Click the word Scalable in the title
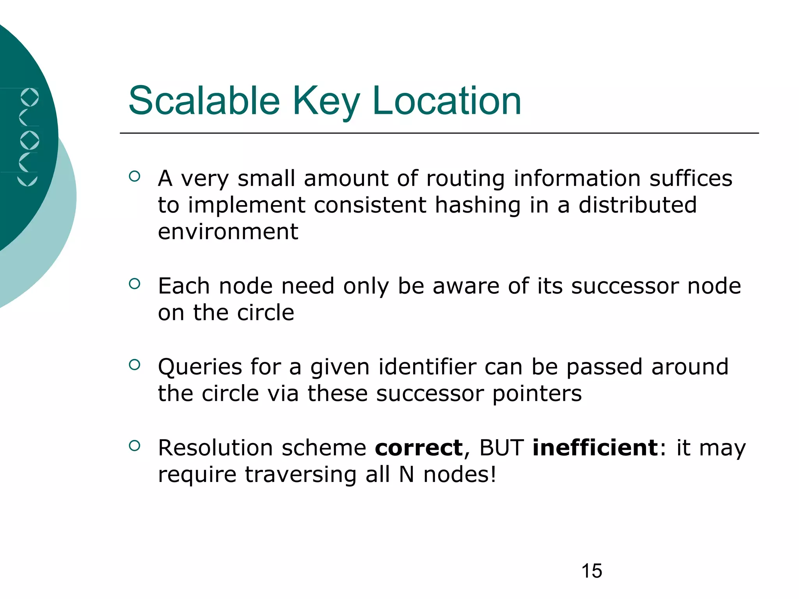(204, 101)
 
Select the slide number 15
(591, 571)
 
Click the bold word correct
(419, 448)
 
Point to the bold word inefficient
(595, 448)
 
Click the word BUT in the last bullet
(501, 448)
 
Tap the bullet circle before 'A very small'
(134, 176)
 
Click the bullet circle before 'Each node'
(134, 284)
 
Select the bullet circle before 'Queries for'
(134, 365)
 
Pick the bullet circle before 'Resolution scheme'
(134, 446)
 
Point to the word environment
(228, 232)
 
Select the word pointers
(537, 394)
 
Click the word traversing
(300, 475)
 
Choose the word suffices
(691, 179)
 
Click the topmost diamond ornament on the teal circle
(30, 97)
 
